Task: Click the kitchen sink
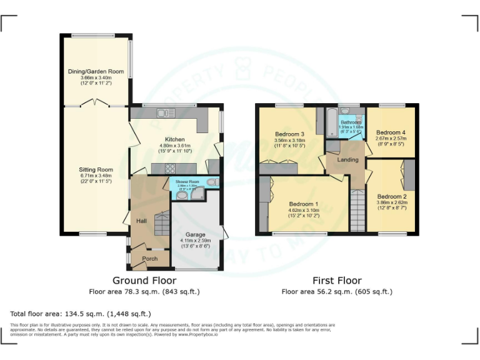click(x=166, y=113)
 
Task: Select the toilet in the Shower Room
click(x=211, y=182)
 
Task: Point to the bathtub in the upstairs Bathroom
click(x=329, y=122)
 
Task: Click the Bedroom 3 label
click(x=290, y=134)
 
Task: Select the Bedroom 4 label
click(x=391, y=132)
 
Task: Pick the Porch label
click(x=150, y=259)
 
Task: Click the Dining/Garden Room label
click(x=96, y=72)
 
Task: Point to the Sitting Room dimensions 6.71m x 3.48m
click(x=96, y=176)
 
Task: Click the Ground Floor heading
click(x=144, y=281)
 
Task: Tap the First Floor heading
click(x=337, y=281)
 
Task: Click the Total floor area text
click(x=81, y=313)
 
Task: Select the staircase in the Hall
click(x=161, y=223)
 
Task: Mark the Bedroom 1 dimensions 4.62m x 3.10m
click(x=304, y=211)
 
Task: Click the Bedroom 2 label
click(x=392, y=196)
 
